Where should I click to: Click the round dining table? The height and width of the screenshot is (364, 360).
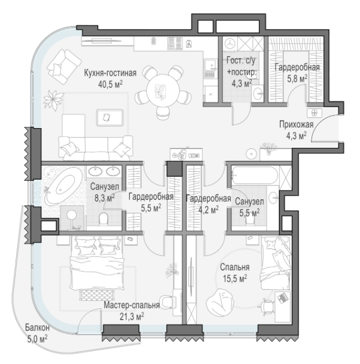tap(163, 90)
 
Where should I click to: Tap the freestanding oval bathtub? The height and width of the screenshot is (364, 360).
tap(63, 186)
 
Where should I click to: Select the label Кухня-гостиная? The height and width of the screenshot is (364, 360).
tap(110, 73)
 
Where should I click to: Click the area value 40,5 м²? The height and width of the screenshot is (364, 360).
tap(111, 84)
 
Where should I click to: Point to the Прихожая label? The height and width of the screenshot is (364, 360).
tap(296, 125)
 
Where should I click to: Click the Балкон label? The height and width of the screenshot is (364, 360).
tap(37, 328)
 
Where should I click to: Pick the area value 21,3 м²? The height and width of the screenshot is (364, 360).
tap(132, 316)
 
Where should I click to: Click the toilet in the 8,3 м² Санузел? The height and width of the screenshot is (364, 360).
tap(103, 219)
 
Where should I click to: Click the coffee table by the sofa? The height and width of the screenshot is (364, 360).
tap(110, 117)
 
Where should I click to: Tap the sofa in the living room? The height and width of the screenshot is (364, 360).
tap(96, 148)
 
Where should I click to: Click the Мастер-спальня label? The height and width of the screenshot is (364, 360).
tap(132, 305)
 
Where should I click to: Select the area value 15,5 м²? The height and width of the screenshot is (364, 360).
tap(235, 278)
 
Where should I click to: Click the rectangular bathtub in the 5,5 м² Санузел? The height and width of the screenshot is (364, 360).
tap(255, 175)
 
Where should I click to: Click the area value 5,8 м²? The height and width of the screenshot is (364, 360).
tap(297, 78)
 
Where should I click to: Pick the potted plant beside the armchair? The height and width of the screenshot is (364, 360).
tap(54, 100)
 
